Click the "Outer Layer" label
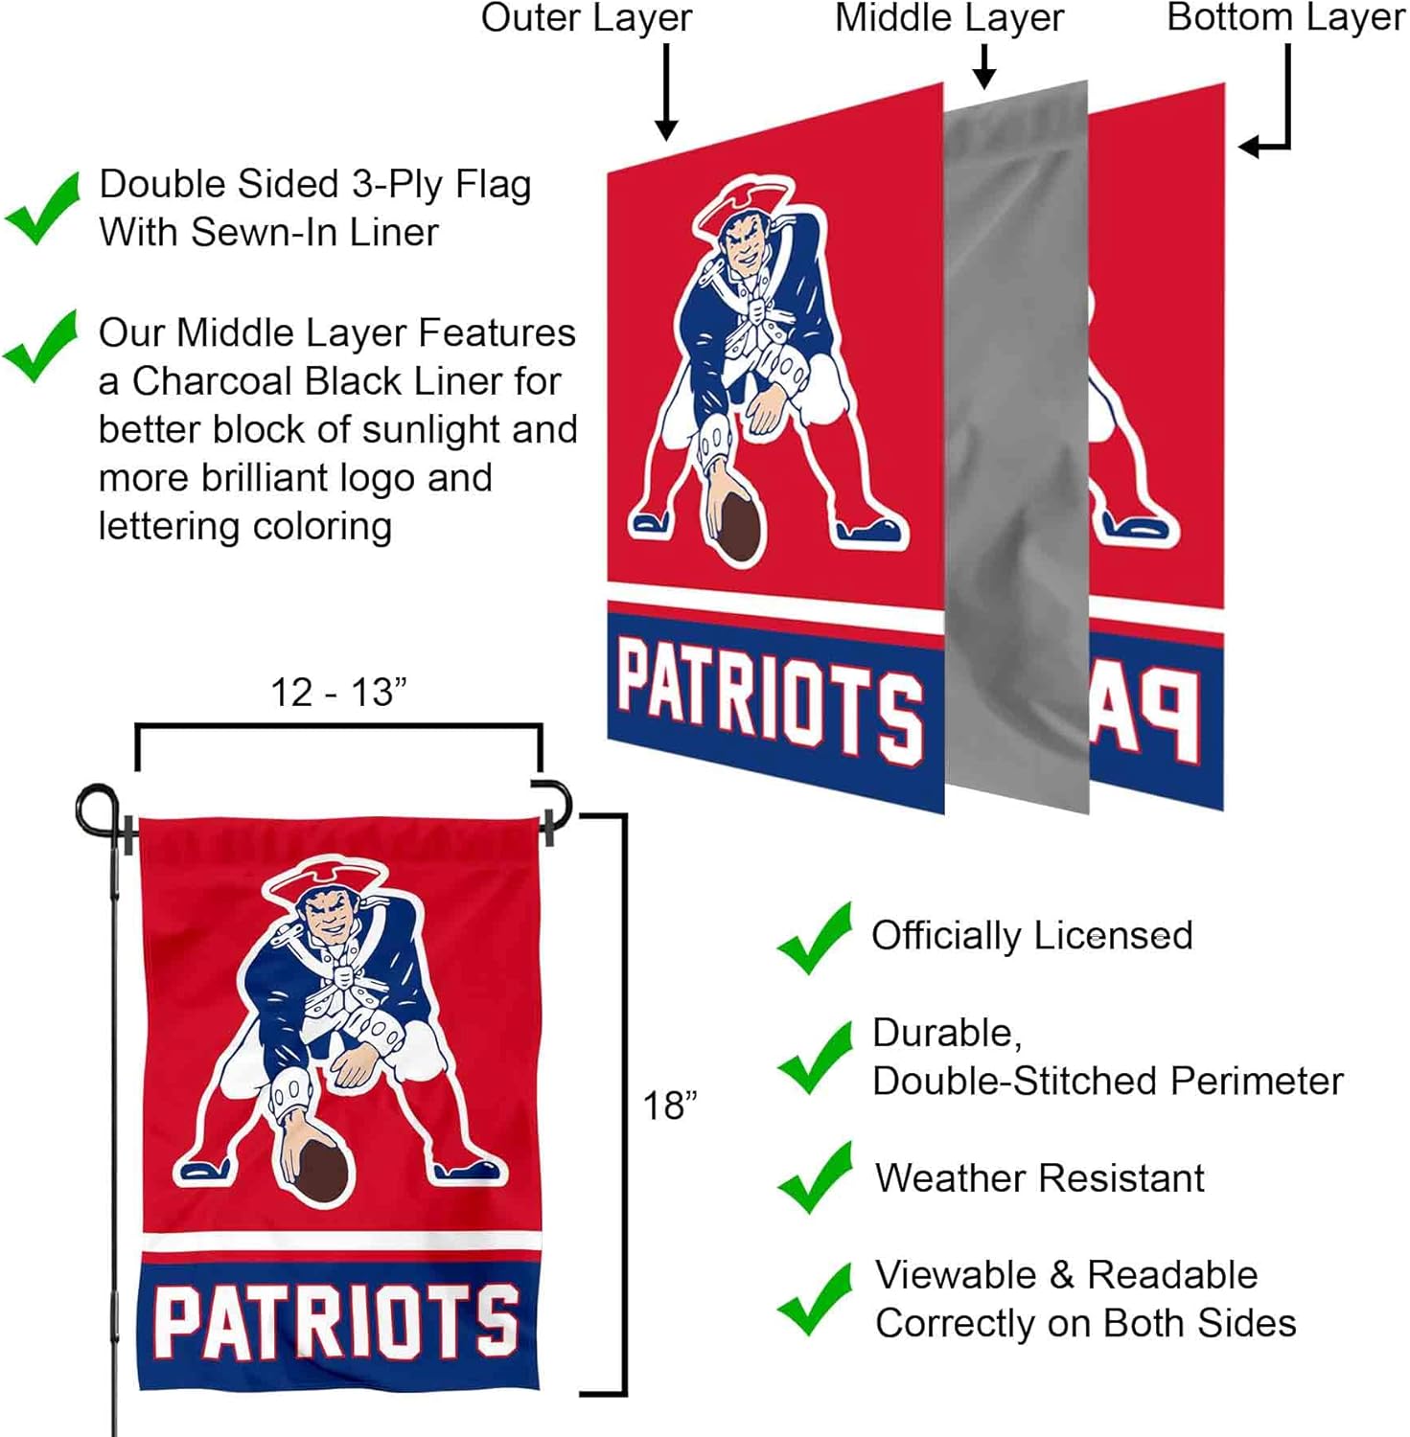click(x=586, y=18)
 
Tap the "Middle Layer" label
click(x=949, y=18)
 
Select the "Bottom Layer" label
click(x=1285, y=18)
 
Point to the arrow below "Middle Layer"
click(x=983, y=66)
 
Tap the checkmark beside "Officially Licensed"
click(x=815, y=938)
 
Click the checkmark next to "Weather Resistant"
click(x=815, y=1177)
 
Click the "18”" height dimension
click(x=669, y=1106)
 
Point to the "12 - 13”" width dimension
click(x=338, y=693)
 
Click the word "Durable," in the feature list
click(x=946, y=1033)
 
